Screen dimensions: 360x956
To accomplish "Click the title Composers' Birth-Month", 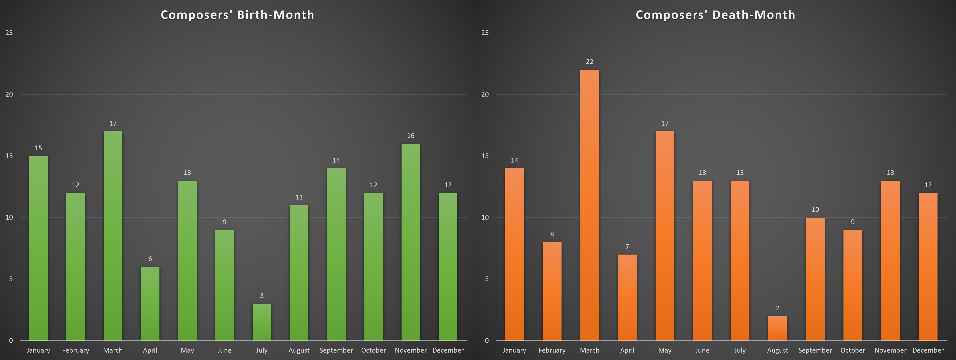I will tap(238, 15).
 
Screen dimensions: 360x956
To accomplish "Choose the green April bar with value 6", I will tap(150, 304).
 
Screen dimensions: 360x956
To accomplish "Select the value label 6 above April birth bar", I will tap(150, 259).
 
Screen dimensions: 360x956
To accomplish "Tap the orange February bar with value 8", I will tap(552, 291).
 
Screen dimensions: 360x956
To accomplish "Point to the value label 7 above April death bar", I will tap(627, 246).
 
